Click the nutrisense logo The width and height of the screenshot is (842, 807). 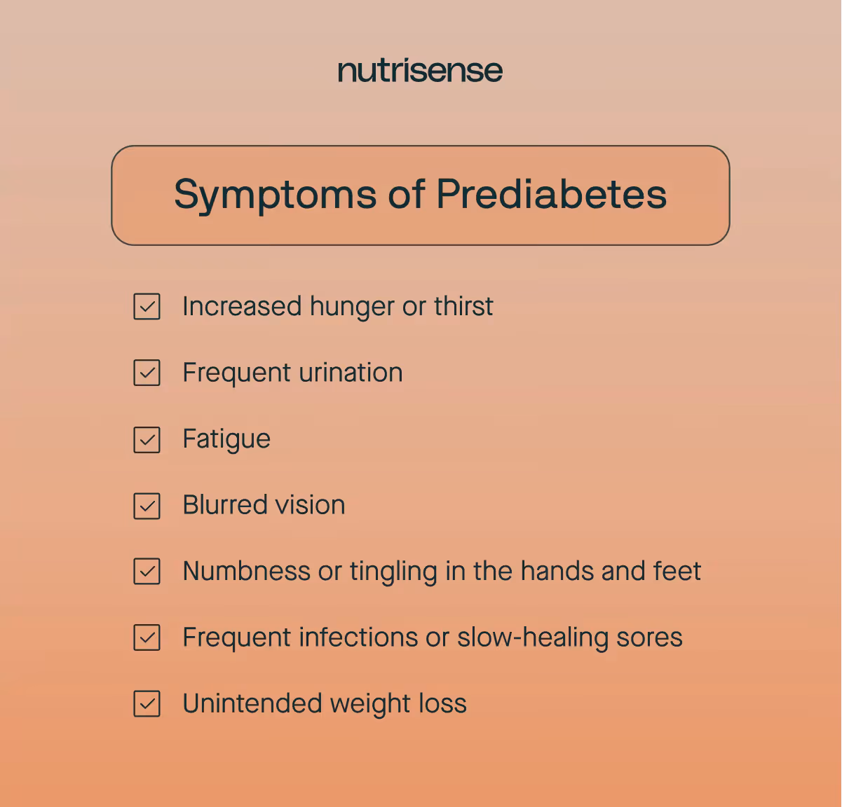(x=420, y=71)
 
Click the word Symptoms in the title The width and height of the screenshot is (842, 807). (x=275, y=195)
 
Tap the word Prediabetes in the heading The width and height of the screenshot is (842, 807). (x=551, y=194)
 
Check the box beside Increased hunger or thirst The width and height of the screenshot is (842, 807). (x=147, y=307)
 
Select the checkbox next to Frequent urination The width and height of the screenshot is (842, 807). (x=147, y=373)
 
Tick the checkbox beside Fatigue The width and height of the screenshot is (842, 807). (x=147, y=440)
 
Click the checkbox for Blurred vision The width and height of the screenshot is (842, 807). (x=147, y=506)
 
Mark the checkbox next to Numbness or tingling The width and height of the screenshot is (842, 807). (x=147, y=572)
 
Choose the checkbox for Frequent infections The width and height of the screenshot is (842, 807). (x=147, y=637)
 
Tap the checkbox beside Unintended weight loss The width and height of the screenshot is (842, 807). (x=147, y=704)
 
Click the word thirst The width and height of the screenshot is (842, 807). (x=463, y=307)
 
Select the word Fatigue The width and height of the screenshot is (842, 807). (x=226, y=440)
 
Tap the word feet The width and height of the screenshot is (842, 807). (x=677, y=571)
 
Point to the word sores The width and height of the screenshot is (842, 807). (x=649, y=637)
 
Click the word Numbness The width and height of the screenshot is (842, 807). (x=246, y=571)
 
